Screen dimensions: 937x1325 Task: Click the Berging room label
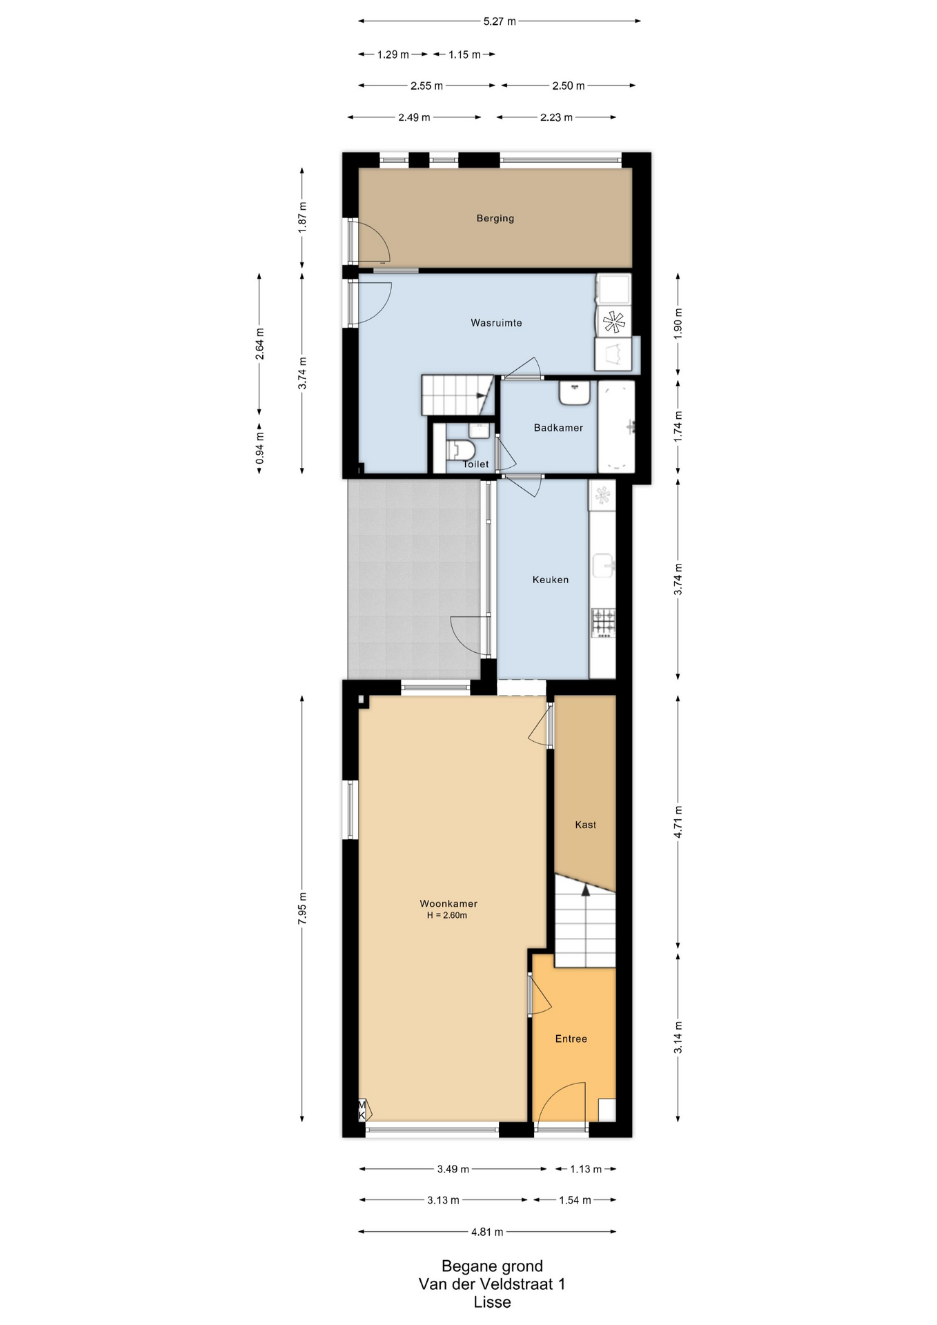point(495,219)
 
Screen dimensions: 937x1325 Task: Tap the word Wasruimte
point(496,323)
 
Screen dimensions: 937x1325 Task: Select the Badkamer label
point(558,428)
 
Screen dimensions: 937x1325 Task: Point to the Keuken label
point(550,580)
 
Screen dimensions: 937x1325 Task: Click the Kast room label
point(585,825)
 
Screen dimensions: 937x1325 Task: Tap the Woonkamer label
point(448,903)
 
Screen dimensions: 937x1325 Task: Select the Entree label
point(571,1039)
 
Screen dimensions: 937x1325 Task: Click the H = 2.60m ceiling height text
point(446,916)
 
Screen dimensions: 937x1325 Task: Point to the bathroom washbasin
point(574,393)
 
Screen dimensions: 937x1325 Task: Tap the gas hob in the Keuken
point(603,622)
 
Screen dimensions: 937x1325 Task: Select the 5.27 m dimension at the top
point(500,21)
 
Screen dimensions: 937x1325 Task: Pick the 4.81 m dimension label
point(487,1232)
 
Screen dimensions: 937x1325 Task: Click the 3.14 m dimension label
point(678,1038)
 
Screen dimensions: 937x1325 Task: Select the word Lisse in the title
point(492,1303)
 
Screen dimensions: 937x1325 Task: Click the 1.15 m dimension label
point(464,55)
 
